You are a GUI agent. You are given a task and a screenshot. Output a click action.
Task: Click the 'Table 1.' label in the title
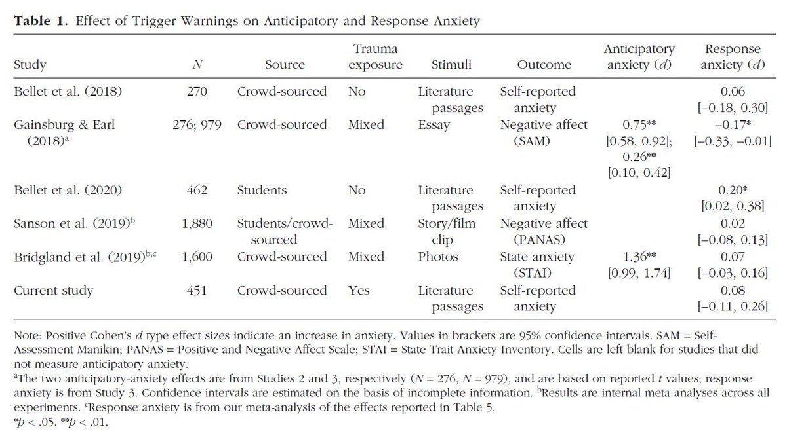pos(39,21)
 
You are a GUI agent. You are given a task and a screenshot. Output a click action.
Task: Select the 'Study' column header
pos(29,65)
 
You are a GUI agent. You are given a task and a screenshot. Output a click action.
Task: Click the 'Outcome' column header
pos(544,65)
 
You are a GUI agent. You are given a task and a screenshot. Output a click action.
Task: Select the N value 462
pos(195,191)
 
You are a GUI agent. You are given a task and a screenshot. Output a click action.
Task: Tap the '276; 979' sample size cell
pos(195,124)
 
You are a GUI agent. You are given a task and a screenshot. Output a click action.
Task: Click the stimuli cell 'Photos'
pos(436,257)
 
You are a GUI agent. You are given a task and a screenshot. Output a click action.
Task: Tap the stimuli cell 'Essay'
pos(434,124)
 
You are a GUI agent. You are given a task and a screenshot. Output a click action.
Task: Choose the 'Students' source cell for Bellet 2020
pos(262,191)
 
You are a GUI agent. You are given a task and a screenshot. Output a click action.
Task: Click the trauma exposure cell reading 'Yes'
pos(359,291)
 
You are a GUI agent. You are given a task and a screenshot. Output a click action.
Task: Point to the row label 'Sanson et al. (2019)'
pos(69,224)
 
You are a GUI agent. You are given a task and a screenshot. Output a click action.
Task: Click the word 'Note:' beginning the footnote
pos(27,336)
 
